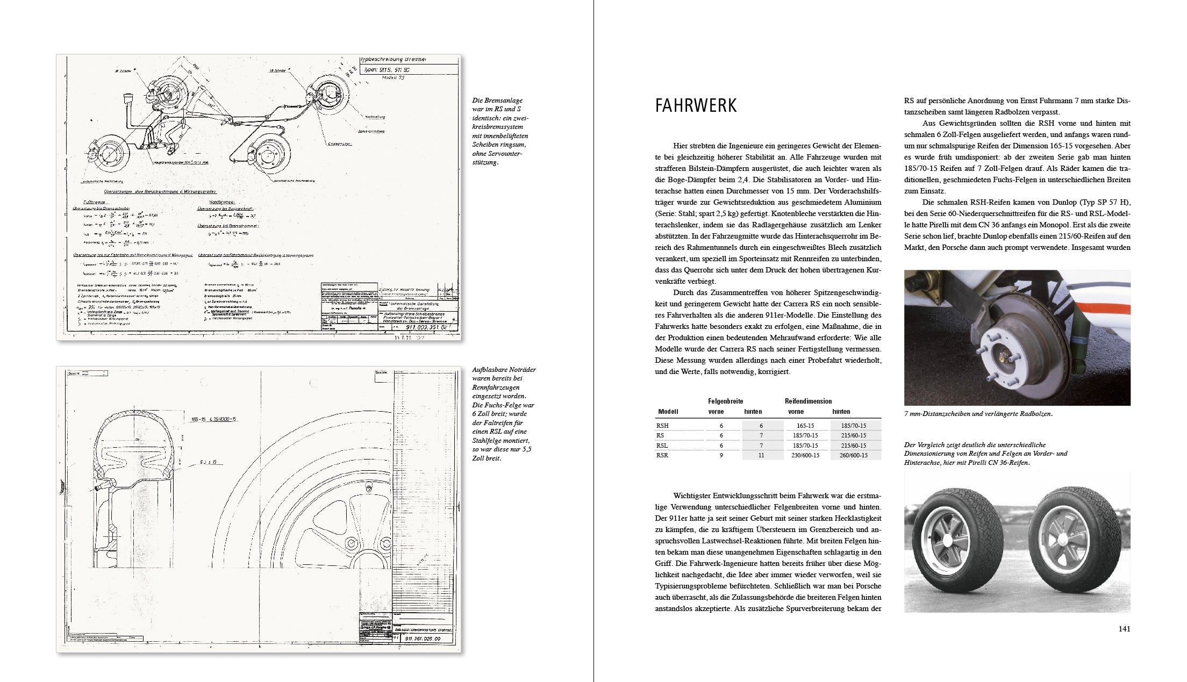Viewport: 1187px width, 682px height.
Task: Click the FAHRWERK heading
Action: (696, 106)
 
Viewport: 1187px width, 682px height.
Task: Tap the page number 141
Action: (1124, 629)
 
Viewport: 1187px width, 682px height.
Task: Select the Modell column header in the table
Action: (668, 412)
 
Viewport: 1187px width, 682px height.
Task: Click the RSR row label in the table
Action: (663, 455)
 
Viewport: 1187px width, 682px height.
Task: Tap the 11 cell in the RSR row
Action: (761, 455)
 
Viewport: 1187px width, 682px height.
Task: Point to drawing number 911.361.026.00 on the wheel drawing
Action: (422, 639)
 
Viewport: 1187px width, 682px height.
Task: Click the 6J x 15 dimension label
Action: (212, 462)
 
